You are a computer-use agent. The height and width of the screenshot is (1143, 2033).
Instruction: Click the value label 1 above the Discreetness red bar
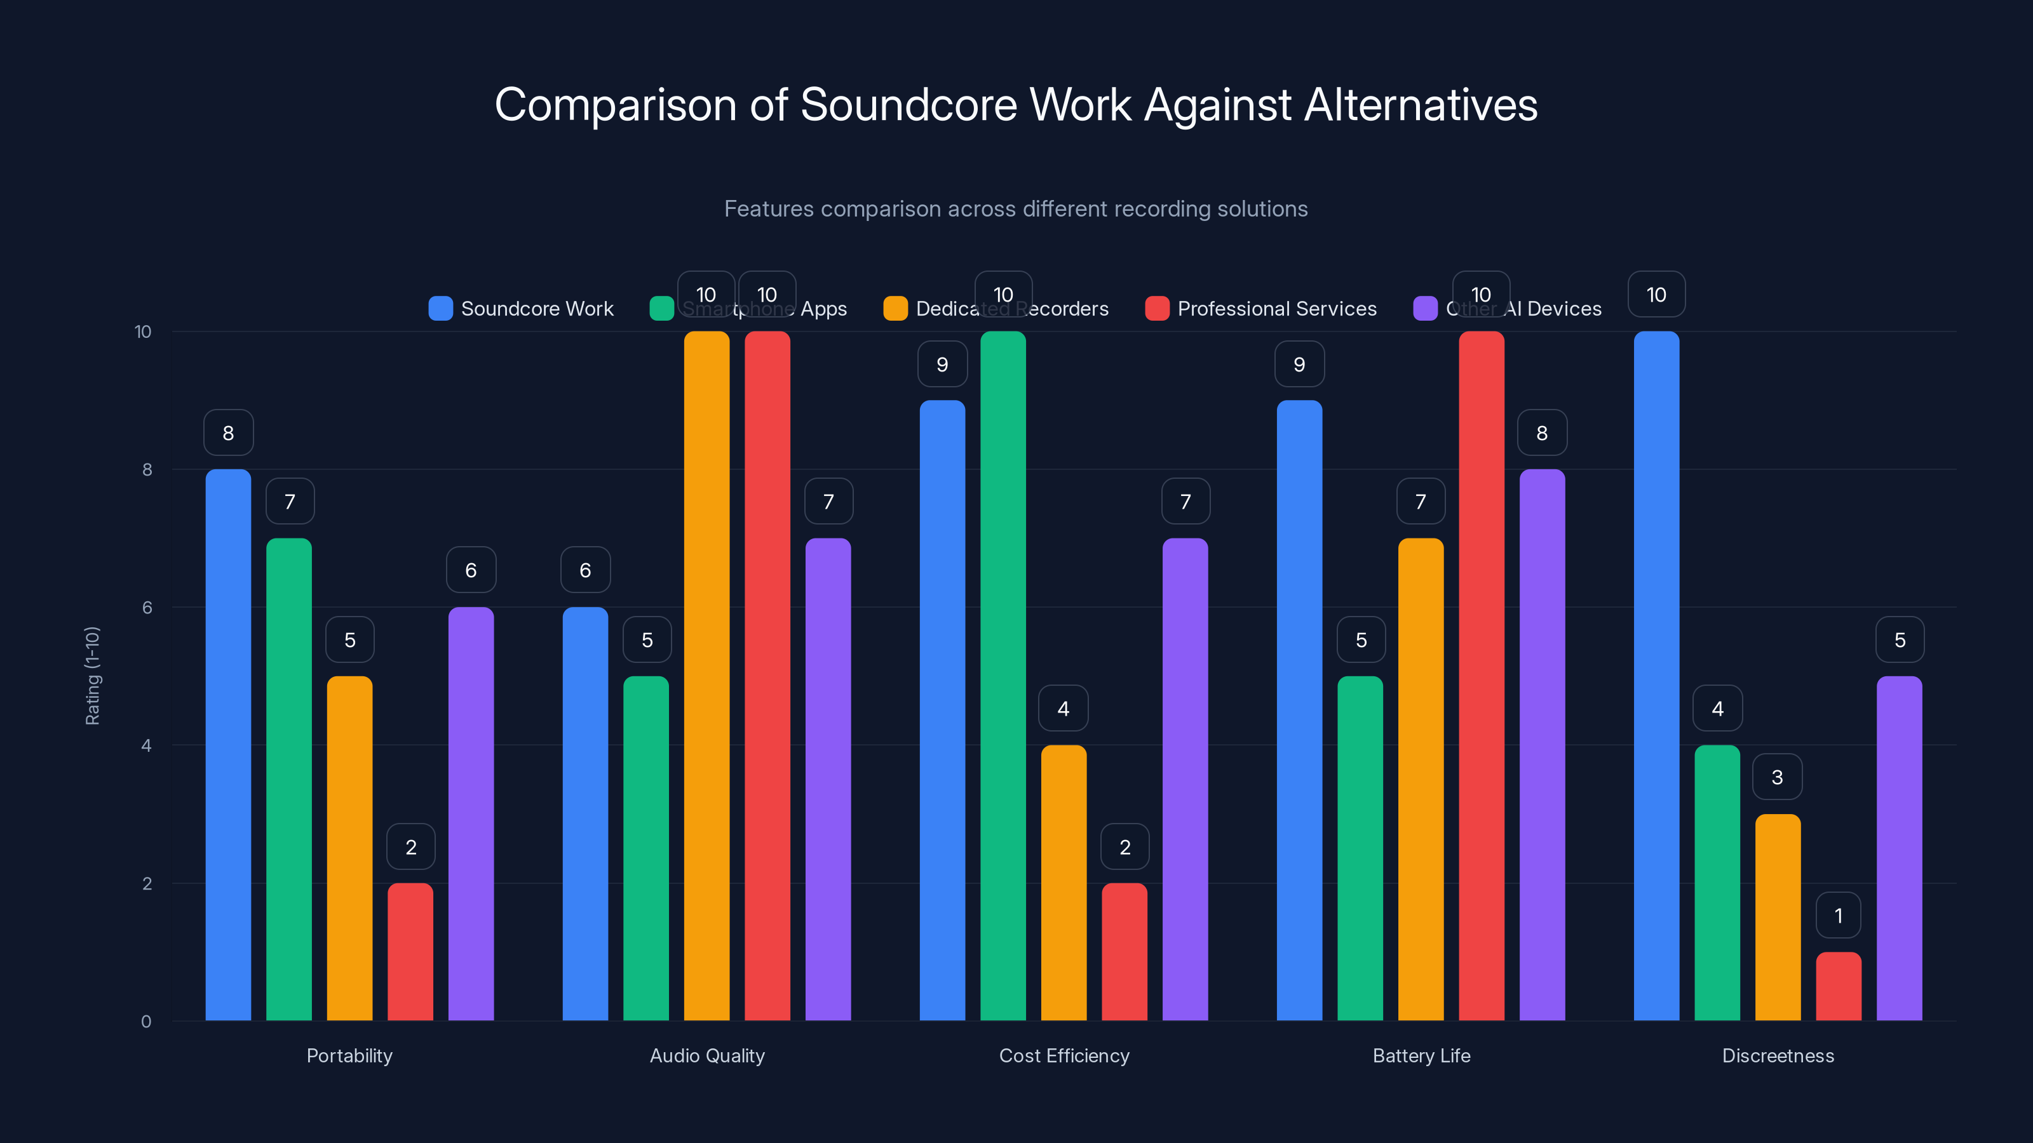point(1838,915)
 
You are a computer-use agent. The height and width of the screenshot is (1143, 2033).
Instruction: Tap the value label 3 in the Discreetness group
point(1778,777)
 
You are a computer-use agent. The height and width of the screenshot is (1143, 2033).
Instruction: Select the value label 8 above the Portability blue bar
point(228,432)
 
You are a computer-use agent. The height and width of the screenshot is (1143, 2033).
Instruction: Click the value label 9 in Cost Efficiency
point(942,364)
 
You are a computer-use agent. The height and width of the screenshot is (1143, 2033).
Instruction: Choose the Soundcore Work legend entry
point(521,309)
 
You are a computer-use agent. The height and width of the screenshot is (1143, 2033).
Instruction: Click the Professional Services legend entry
point(1260,309)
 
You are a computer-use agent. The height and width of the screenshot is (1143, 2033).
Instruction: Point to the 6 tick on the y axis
point(147,608)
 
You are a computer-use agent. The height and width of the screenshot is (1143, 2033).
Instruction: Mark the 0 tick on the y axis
point(146,1022)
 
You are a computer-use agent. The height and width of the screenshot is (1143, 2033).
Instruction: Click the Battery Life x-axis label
point(1421,1055)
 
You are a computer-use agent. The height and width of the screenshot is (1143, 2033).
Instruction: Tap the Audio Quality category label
point(707,1055)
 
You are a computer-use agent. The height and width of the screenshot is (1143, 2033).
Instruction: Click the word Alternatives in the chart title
point(1421,105)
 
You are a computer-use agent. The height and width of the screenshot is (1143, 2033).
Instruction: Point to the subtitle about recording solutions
point(1016,209)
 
